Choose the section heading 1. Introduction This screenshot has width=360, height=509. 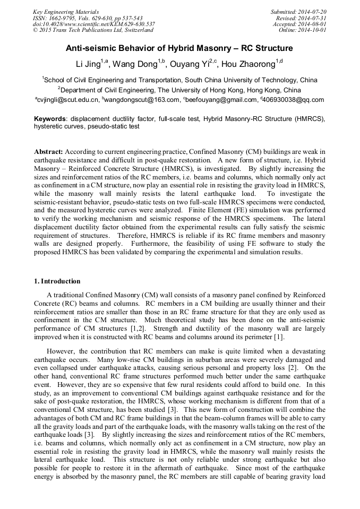pos(57,281)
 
